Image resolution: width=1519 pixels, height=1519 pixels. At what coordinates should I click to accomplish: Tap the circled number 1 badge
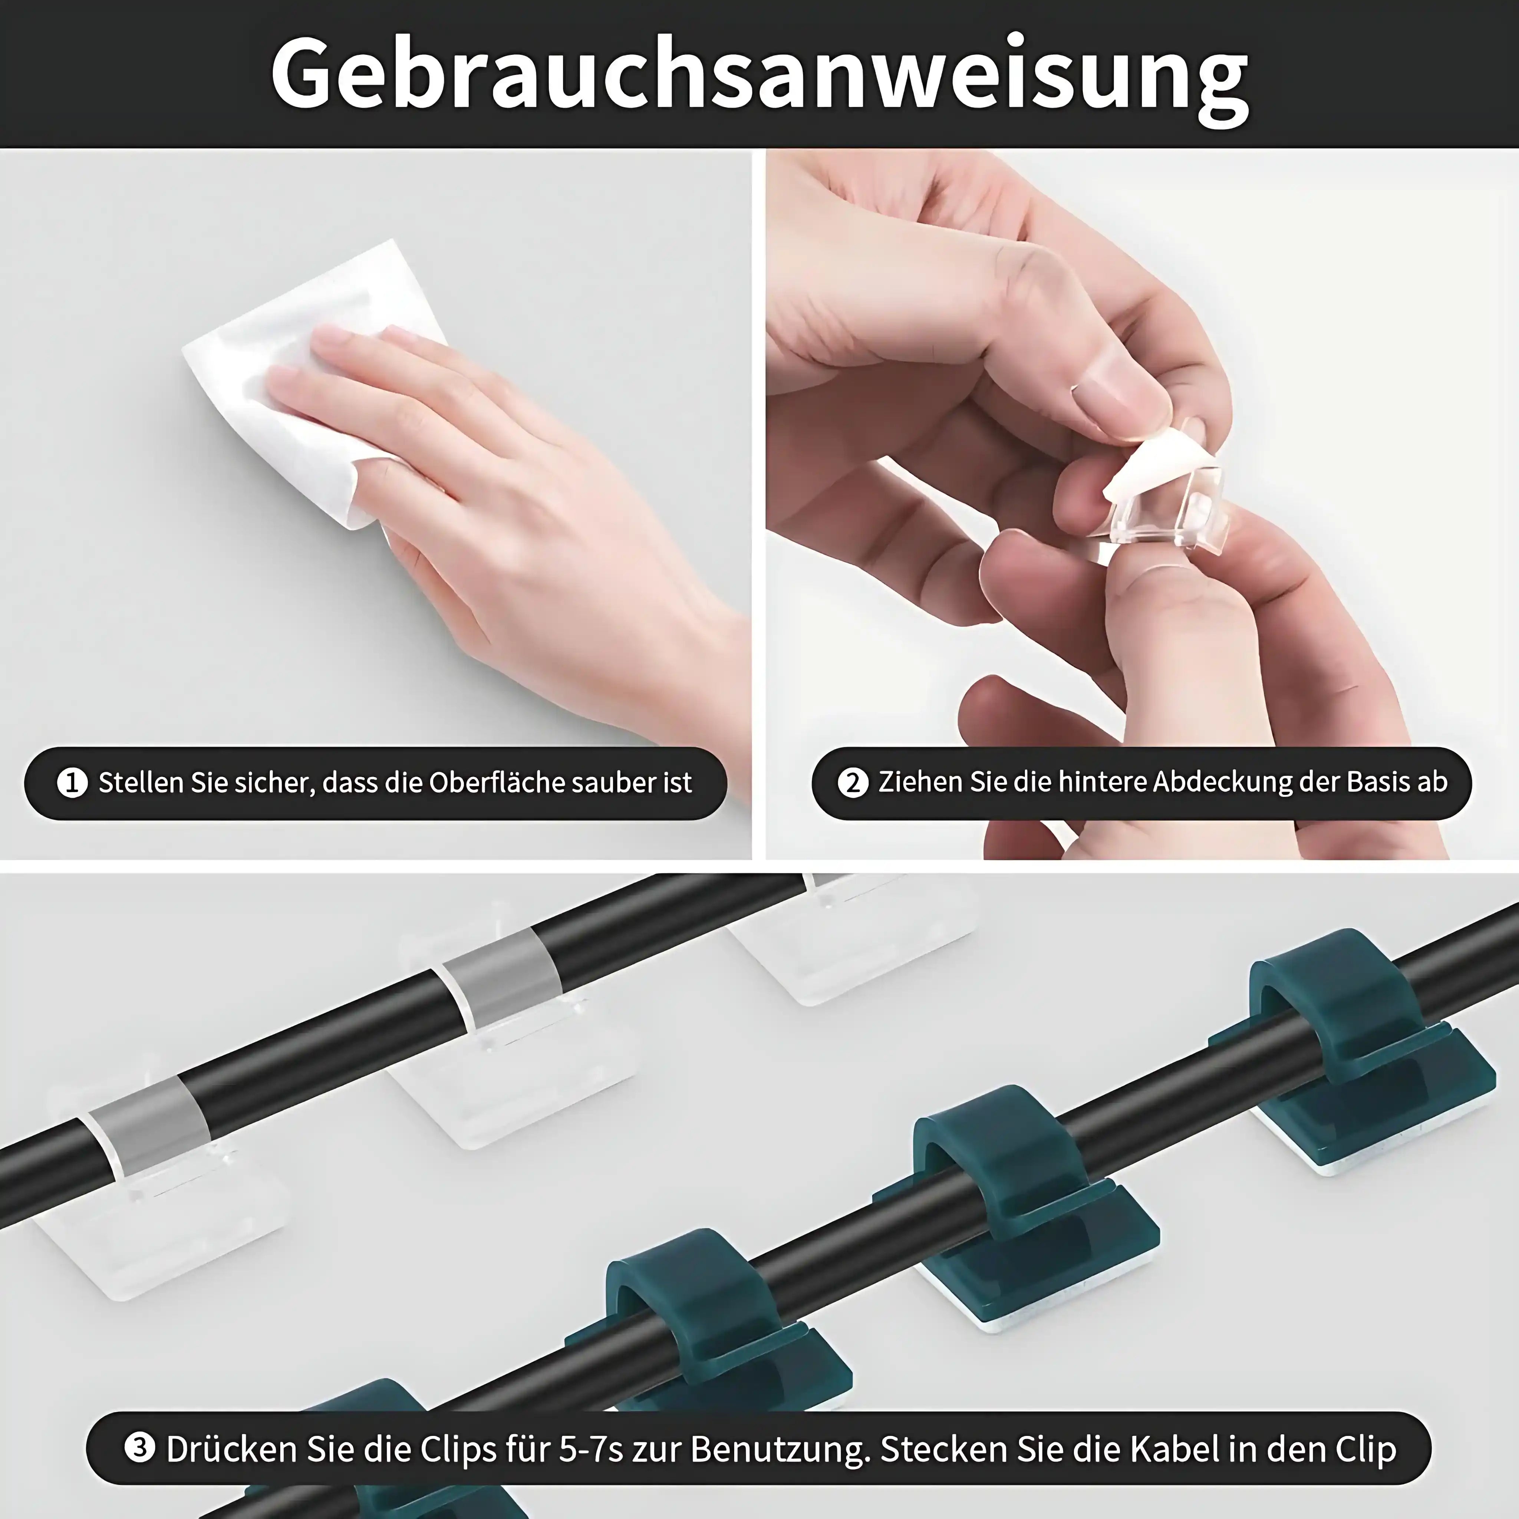tap(72, 783)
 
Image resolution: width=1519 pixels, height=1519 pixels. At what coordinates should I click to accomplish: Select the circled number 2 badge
tap(853, 783)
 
